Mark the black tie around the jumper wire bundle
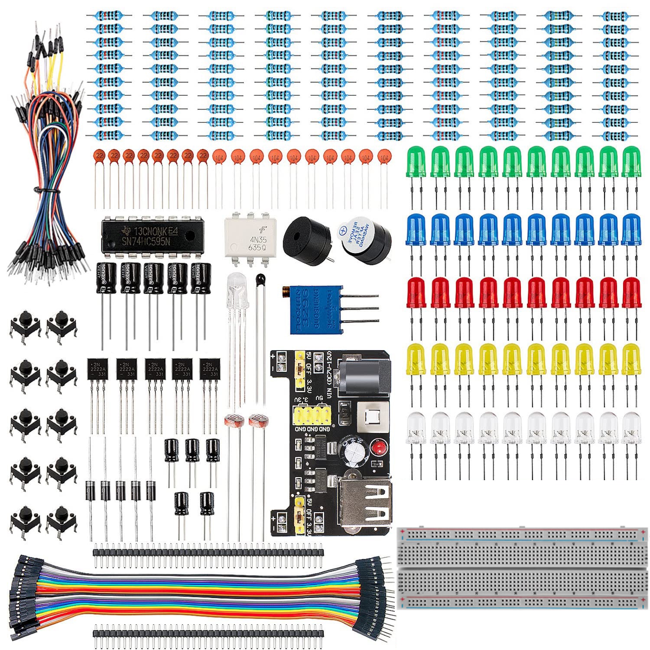pos(43,190)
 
